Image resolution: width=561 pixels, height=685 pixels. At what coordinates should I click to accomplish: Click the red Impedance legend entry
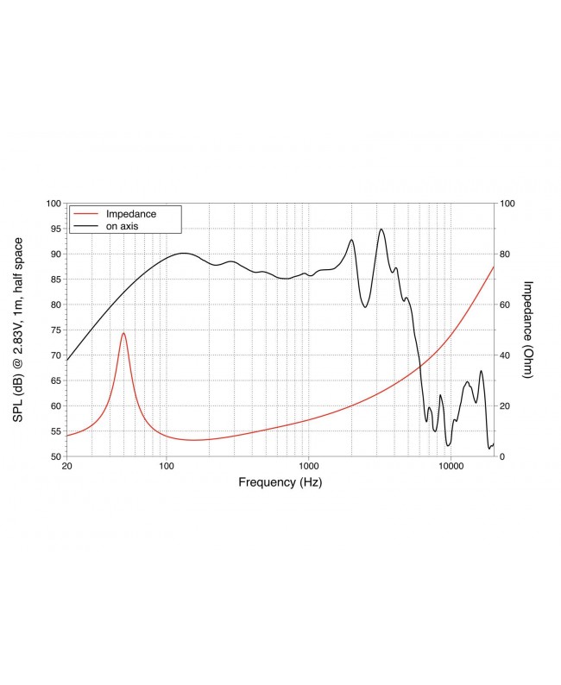click(130, 213)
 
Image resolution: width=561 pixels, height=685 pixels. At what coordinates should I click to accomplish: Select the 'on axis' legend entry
click(123, 225)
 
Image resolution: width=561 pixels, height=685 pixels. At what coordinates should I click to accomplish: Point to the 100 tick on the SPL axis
click(53, 204)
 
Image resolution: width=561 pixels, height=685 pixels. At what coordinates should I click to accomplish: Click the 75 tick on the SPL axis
click(55, 330)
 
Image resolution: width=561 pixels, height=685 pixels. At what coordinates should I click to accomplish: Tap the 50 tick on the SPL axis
click(55, 456)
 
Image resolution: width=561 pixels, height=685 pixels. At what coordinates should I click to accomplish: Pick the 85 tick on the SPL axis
click(55, 280)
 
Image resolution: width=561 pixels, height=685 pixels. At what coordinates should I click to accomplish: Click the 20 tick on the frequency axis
click(67, 466)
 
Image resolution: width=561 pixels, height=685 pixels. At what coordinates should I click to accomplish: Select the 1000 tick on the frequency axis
click(308, 466)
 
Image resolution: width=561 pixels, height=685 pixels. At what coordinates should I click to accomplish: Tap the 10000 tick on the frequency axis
click(451, 466)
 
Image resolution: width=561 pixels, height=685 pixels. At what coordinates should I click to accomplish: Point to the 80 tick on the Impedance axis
click(506, 255)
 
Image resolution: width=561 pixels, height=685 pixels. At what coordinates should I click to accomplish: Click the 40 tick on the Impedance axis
click(506, 355)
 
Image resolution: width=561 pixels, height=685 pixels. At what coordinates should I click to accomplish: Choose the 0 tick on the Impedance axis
click(503, 456)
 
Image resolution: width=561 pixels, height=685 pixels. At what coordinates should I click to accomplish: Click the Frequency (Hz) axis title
click(280, 483)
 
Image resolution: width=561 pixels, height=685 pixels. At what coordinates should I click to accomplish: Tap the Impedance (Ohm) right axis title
click(529, 330)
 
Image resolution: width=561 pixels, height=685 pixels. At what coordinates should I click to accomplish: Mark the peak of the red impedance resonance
click(123, 333)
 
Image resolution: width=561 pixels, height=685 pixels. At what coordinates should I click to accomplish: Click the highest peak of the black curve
click(381, 229)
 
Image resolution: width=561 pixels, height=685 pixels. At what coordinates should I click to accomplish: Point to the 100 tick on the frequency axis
click(167, 466)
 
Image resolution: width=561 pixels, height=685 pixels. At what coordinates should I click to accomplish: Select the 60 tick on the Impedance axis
click(506, 305)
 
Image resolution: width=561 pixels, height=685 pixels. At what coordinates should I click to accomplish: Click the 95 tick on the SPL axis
click(55, 229)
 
